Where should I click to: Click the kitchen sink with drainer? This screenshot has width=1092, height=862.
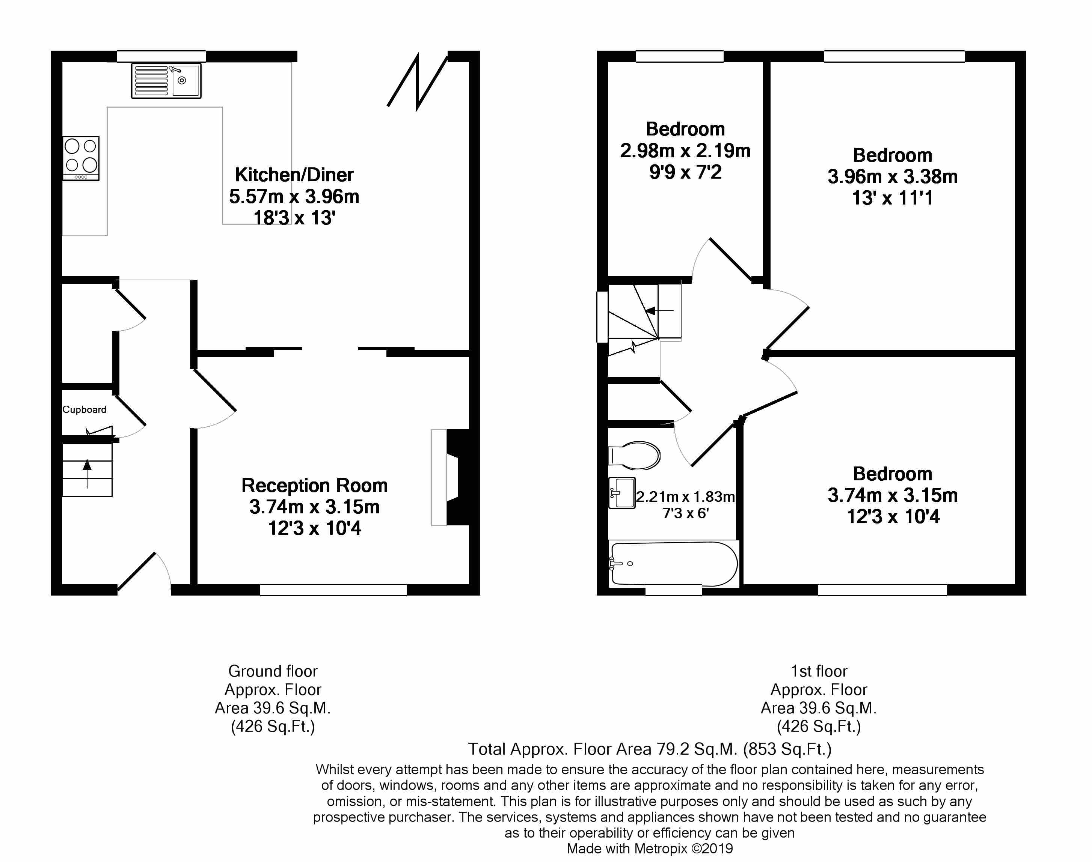[166, 81]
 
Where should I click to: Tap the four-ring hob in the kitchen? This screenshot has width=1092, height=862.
[81, 158]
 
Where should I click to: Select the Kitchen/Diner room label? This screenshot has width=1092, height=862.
[294, 175]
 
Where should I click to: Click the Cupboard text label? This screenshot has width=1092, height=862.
[84, 409]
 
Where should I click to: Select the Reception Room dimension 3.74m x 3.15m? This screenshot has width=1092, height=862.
[314, 507]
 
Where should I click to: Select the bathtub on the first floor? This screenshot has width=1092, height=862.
[674, 564]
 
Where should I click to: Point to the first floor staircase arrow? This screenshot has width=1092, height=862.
[659, 311]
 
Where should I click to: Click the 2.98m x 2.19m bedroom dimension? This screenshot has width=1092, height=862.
[685, 151]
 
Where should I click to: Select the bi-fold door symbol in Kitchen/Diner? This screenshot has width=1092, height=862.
[418, 82]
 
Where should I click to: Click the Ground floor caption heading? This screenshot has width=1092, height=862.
[273, 671]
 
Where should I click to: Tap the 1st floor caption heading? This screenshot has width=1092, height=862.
[818, 671]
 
